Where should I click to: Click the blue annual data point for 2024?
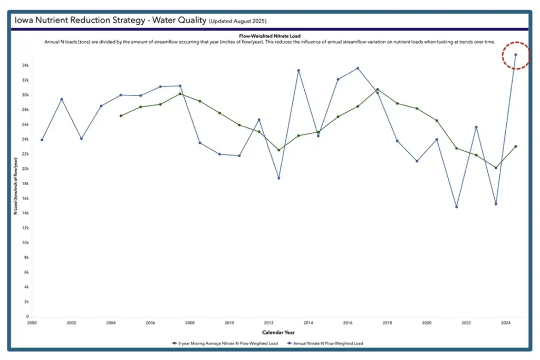pyautogui.click(x=515, y=54)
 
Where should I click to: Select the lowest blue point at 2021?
pyautogui.click(x=456, y=207)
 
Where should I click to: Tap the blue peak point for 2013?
pyautogui.click(x=298, y=70)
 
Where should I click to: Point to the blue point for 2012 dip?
pyautogui.click(x=278, y=178)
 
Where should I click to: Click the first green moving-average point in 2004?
pyautogui.click(x=121, y=115)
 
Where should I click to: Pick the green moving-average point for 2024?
pyautogui.click(x=515, y=147)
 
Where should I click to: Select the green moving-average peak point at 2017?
pyautogui.click(x=377, y=90)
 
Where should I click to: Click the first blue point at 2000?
pyautogui.click(x=42, y=140)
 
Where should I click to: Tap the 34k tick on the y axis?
pyautogui.click(x=25, y=65)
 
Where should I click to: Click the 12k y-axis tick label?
pyautogui.click(x=25, y=228)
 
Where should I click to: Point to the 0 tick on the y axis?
pyautogui.click(x=26, y=317)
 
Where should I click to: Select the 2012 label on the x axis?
pyautogui.click(x=269, y=322)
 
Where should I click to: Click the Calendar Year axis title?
pyautogui.click(x=278, y=333)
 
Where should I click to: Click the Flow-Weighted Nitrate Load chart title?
pyautogui.click(x=269, y=36)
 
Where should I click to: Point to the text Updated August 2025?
pyautogui.click(x=238, y=21)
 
